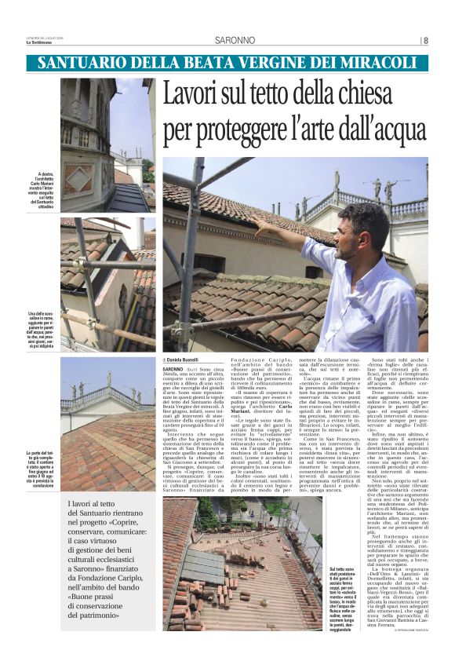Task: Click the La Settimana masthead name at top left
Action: click(x=46, y=43)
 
